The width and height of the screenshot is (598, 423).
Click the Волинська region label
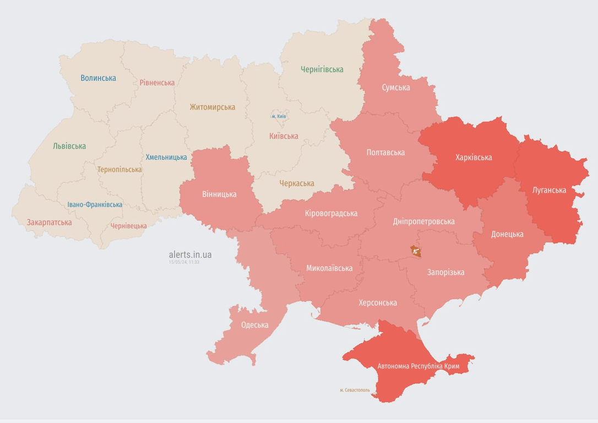98,78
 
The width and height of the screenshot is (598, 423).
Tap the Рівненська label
157,83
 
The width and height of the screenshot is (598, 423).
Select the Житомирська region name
213,107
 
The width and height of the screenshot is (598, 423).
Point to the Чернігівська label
322,69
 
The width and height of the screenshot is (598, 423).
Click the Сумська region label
396,88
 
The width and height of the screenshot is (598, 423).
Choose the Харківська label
474,158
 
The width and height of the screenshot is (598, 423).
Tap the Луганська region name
549,190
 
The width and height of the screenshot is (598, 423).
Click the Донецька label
507,234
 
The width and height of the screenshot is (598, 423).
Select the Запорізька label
445,272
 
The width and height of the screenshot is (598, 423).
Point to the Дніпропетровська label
423,221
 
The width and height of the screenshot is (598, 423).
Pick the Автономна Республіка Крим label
418,366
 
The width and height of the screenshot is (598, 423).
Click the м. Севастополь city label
355,390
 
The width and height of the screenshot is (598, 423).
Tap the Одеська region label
254,325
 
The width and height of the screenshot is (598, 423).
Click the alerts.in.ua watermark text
190,254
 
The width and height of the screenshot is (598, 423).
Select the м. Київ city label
279,116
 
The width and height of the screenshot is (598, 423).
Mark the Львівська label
69,147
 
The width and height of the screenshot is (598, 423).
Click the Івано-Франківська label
95,204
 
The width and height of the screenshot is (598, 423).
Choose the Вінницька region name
219,194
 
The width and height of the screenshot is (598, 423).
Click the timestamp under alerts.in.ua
184,262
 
